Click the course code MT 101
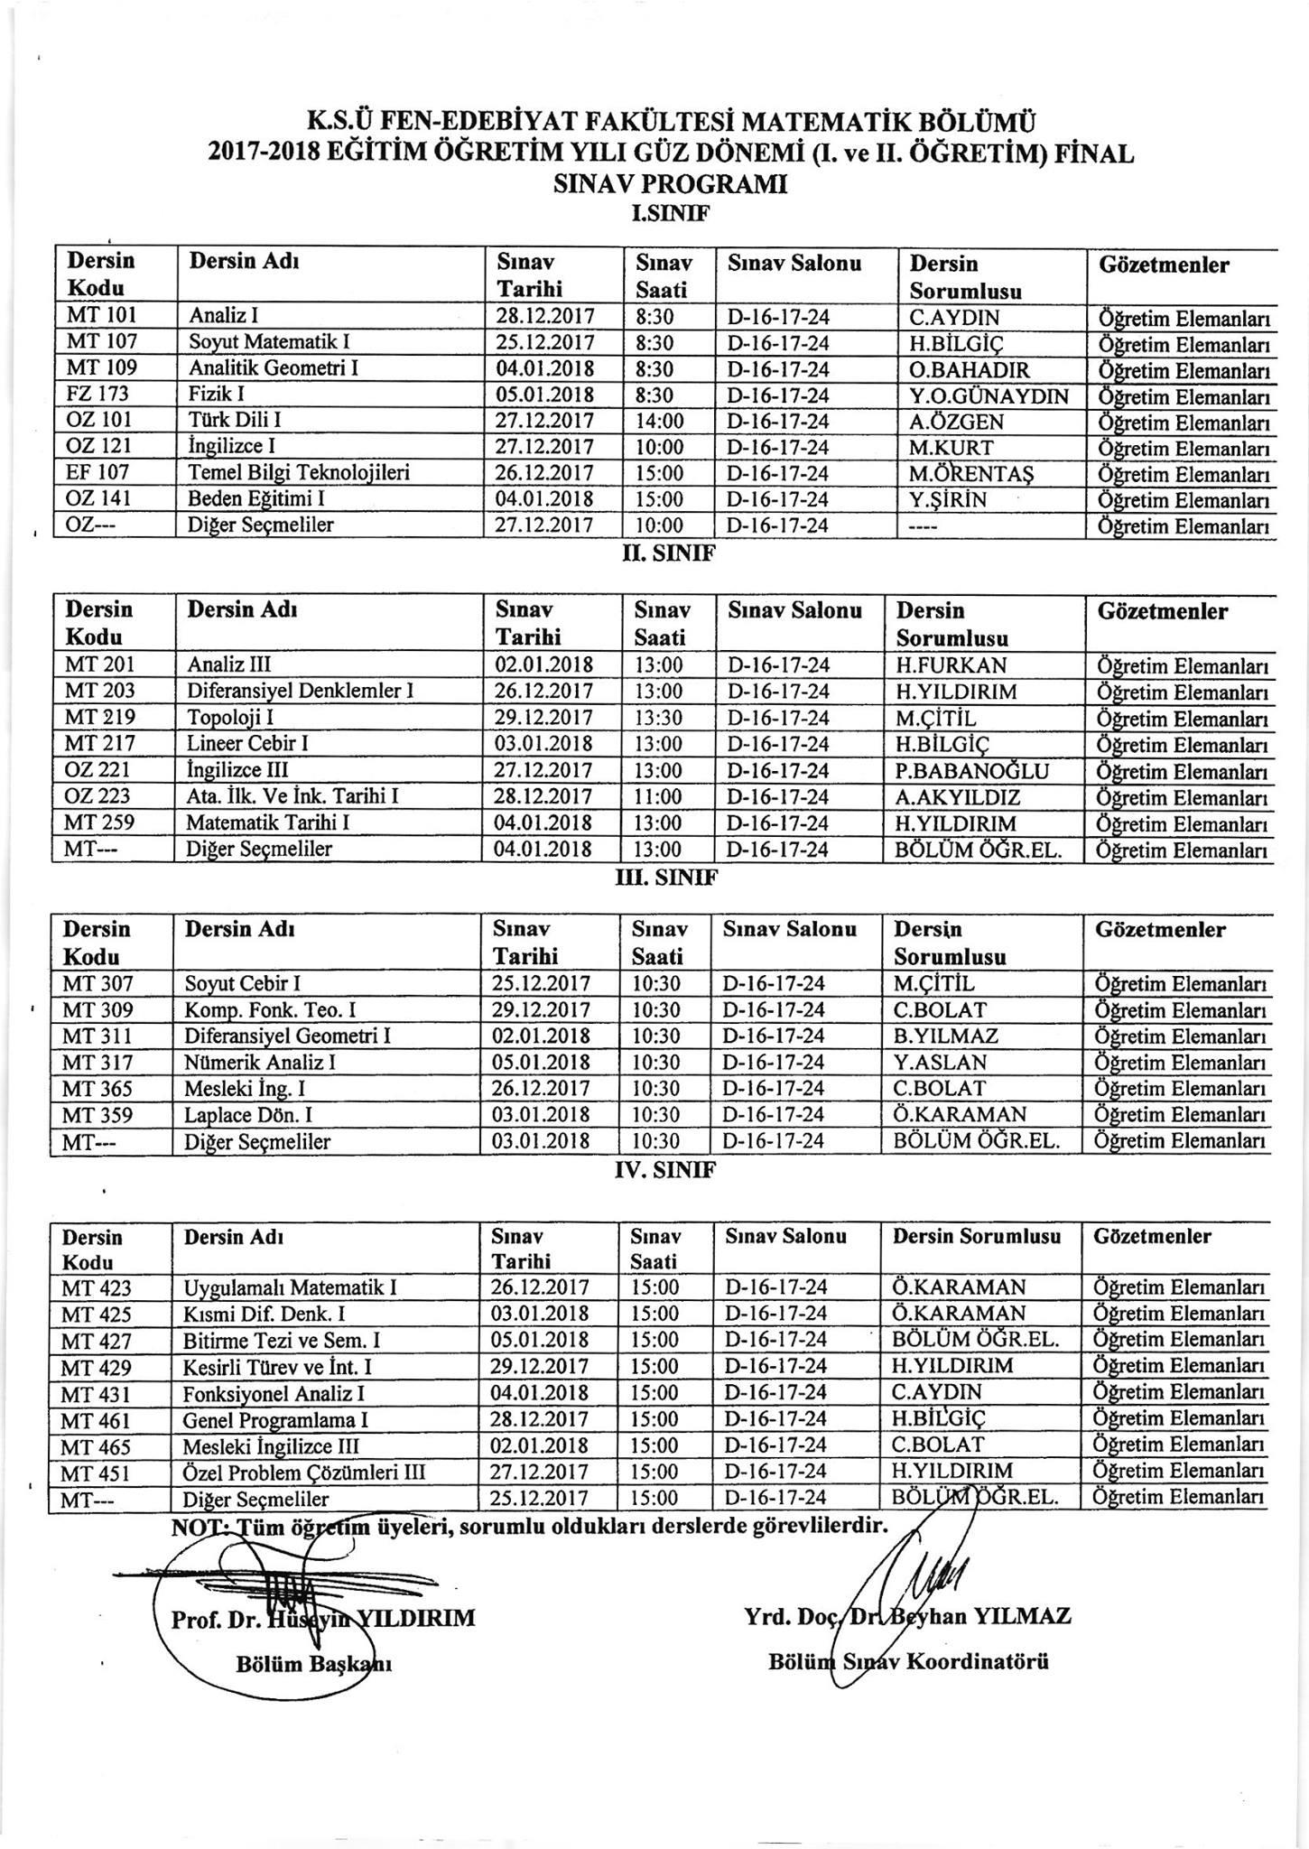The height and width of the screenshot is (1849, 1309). [100, 317]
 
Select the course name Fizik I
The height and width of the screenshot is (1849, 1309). [218, 395]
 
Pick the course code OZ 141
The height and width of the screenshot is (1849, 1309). [98, 499]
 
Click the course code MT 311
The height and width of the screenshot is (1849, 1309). [97, 1036]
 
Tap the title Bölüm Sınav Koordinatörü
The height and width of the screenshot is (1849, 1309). [907, 1662]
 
